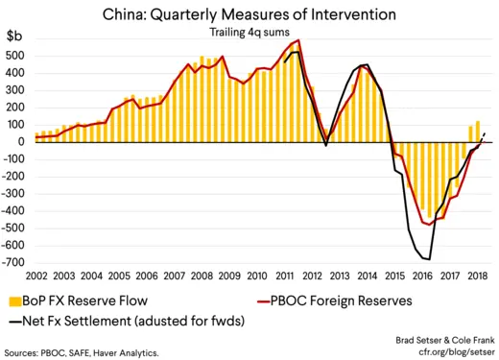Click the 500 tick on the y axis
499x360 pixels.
(16, 56)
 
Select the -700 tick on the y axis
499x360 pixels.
(14, 262)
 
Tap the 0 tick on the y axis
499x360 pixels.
(23, 142)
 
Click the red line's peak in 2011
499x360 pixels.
(299, 40)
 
